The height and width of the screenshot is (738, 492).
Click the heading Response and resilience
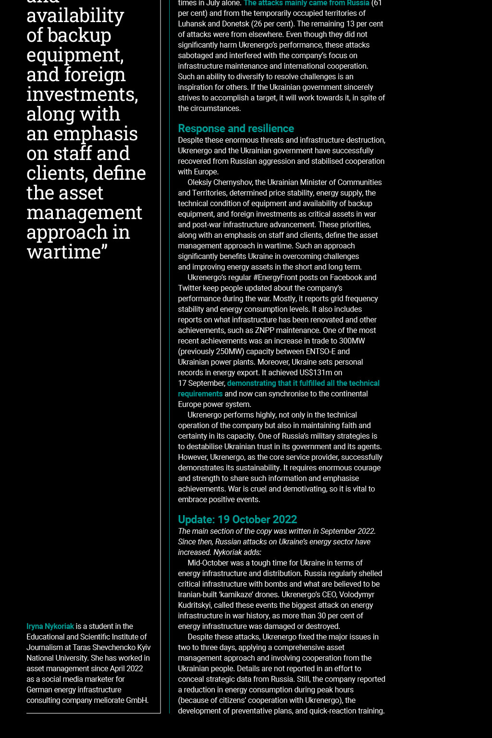236,128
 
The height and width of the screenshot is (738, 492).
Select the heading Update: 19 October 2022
237,519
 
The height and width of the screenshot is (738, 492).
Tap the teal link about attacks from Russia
306,3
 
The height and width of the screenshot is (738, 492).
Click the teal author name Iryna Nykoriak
50,626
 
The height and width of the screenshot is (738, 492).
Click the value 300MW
352,341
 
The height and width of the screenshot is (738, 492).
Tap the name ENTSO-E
320,351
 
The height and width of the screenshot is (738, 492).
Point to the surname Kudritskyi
195,605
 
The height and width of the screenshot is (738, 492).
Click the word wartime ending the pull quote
64,252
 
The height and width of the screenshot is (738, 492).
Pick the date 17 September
201,383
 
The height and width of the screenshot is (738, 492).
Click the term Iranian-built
200,594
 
